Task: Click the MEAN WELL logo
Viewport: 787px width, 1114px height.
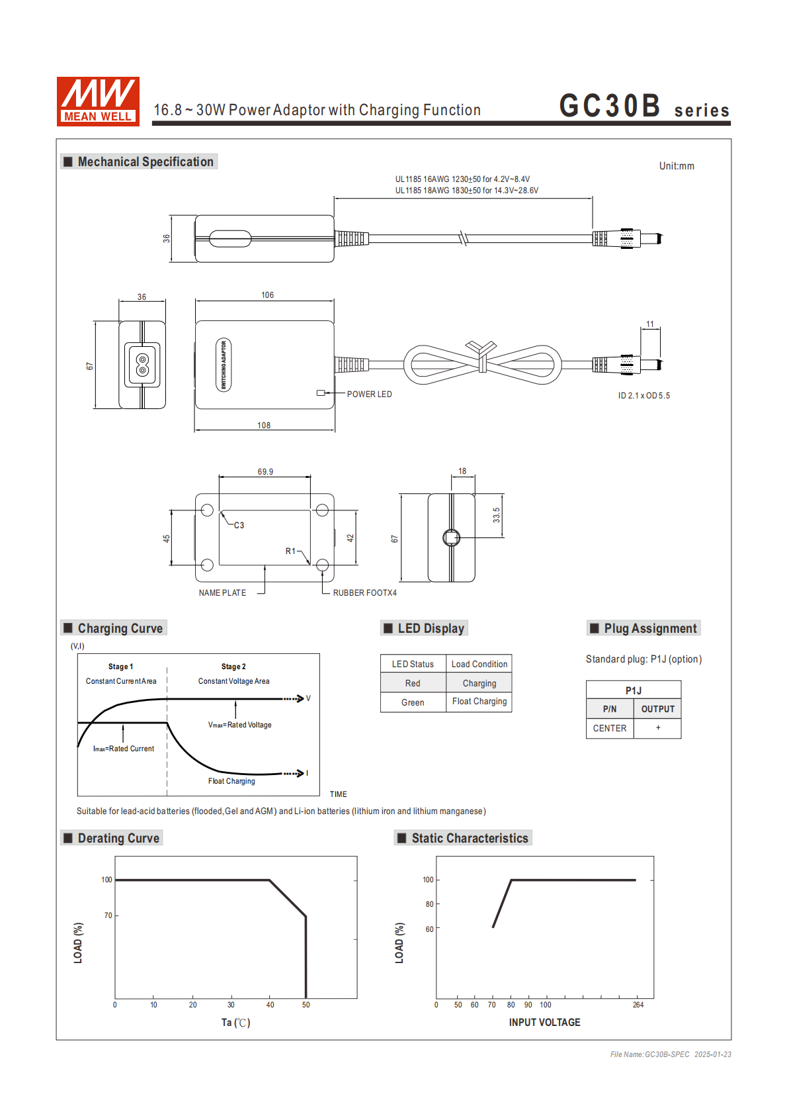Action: (x=98, y=101)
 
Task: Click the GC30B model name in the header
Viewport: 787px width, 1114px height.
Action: (x=609, y=106)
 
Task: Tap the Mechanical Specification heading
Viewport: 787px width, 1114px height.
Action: (x=145, y=162)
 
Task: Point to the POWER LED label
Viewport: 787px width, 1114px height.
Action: (x=369, y=395)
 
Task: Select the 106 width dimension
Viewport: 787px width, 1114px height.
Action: (x=267, y=295)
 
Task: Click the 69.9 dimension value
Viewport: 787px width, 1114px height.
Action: (x=265, y=472)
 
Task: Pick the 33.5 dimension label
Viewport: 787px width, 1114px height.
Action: (x=497, y=515)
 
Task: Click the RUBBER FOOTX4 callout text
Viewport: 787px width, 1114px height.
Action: (x=364, y=593)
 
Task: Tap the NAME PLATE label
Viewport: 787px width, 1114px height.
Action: (x=222, y=593)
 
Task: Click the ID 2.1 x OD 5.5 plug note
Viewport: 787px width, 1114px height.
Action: (x=643, y=396)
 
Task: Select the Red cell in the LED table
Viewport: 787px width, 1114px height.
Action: (x=413, y=683)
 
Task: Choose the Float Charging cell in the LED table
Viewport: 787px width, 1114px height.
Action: (x=479, y=702)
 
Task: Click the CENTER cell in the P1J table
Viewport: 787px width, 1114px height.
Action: (x=609, y=728)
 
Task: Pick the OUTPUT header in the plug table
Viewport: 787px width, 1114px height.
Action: (x=657, y=709)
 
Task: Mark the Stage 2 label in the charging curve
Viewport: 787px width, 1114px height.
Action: (x=233, y=667)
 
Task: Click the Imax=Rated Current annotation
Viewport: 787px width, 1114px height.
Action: (x=124, y=749)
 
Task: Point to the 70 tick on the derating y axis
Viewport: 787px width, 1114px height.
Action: (x=108, y=915)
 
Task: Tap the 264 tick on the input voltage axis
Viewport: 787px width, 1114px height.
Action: (x=638, y=1005)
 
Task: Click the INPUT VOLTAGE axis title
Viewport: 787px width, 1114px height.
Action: (x=544, y=1023)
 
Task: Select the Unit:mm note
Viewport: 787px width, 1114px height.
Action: (x=677, y=166)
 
